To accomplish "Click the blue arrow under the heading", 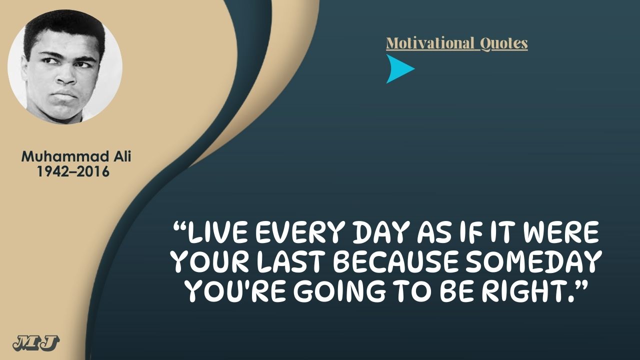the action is click(398, 69).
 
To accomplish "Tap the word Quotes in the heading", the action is click(503, 43).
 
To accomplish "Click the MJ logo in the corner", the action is click(36, 343).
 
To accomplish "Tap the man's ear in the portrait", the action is click(24, 72).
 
